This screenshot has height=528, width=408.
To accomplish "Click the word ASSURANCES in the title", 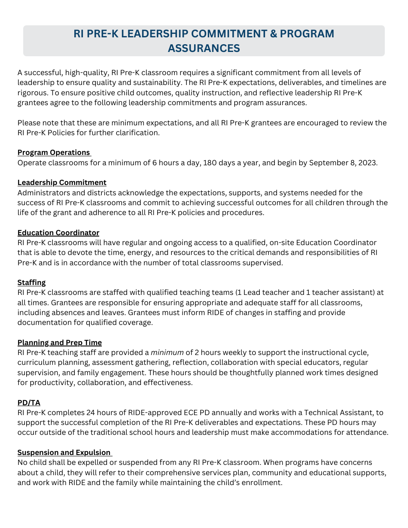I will [204, 49].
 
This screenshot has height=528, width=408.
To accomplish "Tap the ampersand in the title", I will [273, 34].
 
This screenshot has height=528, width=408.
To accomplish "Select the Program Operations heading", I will [54, 153].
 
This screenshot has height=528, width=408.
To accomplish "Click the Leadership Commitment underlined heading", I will [62, 183].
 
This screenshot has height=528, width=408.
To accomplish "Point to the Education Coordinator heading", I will [58, 233].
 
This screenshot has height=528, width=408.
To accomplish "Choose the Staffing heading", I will [31, 282].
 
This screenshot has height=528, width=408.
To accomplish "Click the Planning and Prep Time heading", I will [60, 343].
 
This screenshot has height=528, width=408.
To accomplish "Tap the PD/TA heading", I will [29, 403].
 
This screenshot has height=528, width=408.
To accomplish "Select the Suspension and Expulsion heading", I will [64, 453].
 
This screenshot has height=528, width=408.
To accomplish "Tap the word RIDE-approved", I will [154, 413].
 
